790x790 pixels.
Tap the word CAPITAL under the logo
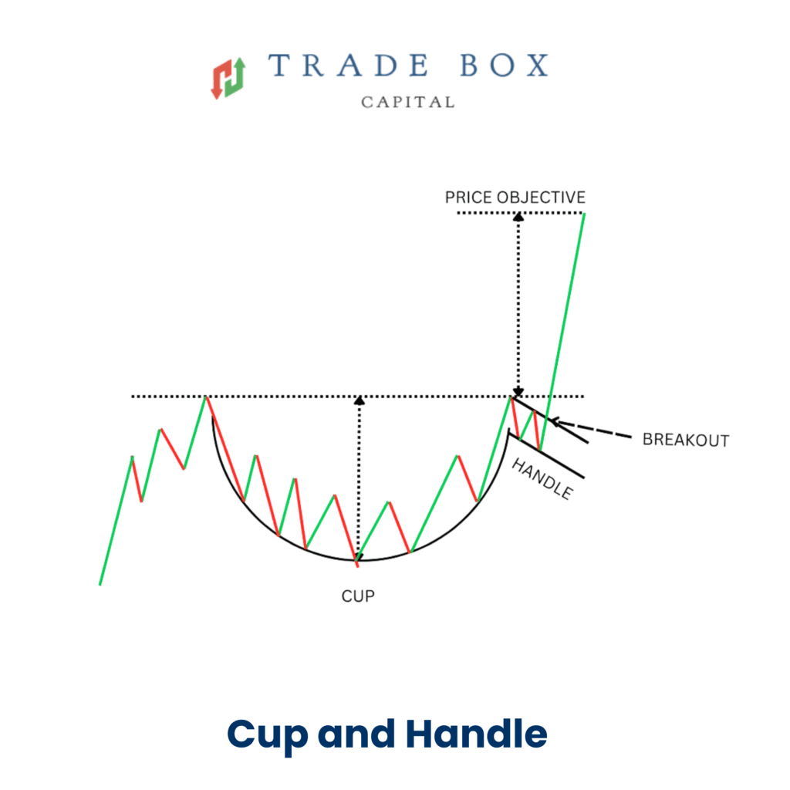pyautogui.click(x=407, y=102)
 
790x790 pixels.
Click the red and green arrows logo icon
pyautogui.click(x=228, y=77)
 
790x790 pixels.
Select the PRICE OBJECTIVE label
pyautogui.click(x=515, y=197)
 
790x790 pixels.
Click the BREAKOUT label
pyautogui.click(x=685, y=441)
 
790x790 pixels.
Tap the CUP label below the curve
pyautogui.click(x=358, y=596)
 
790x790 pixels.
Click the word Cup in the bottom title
pyautogui.click(x=268, y=734)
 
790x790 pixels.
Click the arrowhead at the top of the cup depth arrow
pyautogui.click(x=358, y=400)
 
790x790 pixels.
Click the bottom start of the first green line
pyautogui.click(x=100, y=583)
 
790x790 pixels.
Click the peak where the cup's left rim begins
pyautogui.click(x=206, y=397)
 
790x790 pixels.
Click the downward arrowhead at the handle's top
pyautogui.click(x=518, y=393)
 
